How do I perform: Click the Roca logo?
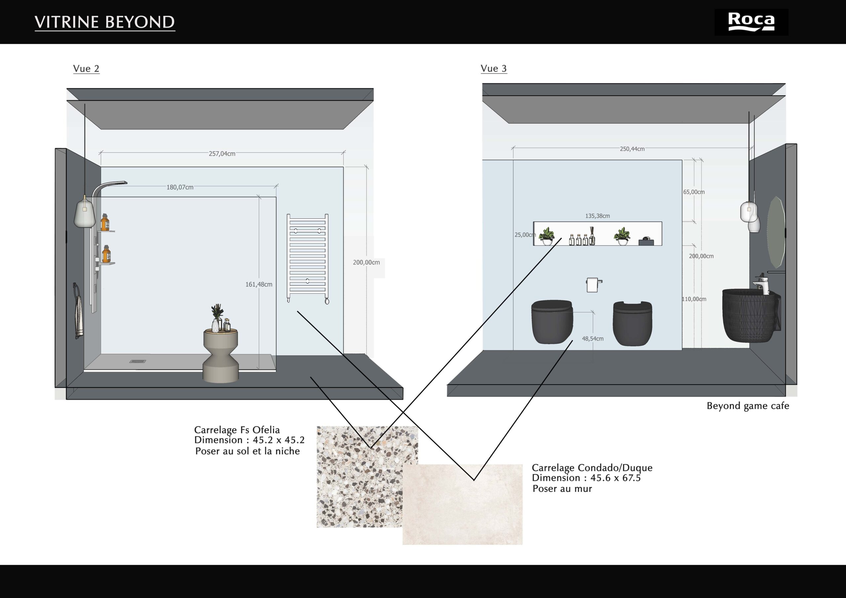pos(751,22)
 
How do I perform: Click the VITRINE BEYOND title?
pos(105,22)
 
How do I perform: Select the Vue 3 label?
pos(494,68)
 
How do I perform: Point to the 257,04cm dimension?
pos(222,154)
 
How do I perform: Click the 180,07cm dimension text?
pos(180,187)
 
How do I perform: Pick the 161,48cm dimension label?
pos(259,284)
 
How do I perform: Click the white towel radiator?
pos(308,258)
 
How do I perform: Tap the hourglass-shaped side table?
pos(221,355)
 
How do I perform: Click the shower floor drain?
pos(137,361)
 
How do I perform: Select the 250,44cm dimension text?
pos(632,149)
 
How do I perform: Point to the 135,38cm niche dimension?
pos(597,216)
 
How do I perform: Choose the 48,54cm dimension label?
pos(593,339)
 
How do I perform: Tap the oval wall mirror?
pos(776,232)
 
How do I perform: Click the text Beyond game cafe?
pos(748,406)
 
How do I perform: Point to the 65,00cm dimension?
pos(694,192)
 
